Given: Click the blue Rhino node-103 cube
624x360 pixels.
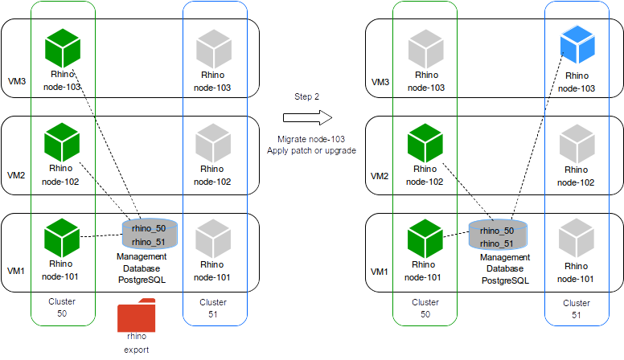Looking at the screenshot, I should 576,46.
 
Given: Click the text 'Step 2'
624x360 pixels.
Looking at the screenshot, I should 306,96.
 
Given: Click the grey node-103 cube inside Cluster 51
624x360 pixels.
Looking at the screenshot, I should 212,47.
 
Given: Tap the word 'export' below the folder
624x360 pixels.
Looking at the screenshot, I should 136,350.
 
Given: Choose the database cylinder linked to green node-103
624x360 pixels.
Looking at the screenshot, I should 149,234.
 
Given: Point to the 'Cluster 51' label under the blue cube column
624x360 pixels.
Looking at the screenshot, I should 576,309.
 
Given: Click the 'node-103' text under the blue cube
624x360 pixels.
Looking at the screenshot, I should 576,88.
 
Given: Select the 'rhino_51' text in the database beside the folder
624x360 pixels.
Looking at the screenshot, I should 149,242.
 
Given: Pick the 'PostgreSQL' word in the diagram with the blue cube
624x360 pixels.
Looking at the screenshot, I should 505,280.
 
